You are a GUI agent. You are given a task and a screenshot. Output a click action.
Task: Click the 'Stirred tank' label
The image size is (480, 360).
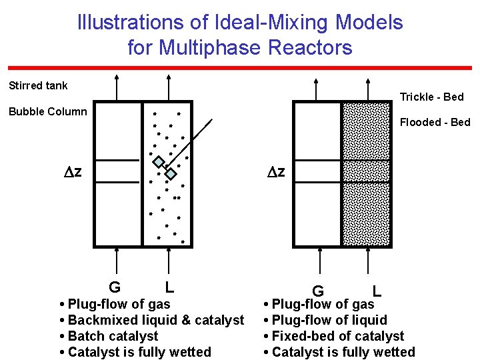[x=38, y=85]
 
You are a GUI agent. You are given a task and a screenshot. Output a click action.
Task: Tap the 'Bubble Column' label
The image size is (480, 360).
[x=47, y=111]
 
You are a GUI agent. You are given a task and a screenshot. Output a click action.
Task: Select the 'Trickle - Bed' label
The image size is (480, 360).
[x=431, y=97]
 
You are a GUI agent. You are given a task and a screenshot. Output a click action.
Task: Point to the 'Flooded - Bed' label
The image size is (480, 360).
[x=435, y=122]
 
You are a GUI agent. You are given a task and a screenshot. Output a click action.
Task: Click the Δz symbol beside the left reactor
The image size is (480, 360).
[x=73, y=172]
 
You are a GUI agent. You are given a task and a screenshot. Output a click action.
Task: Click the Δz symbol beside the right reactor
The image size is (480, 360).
[x=276, y=172]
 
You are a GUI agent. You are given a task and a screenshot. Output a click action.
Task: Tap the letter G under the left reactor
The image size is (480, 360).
[x=115, y=287]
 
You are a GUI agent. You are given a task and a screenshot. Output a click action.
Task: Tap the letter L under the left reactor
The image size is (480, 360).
[x=170, y=287]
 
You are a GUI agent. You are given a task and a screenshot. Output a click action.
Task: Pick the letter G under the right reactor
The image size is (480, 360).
[x=318, y=291]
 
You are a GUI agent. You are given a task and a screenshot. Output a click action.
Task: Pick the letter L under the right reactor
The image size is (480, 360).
[x=377, y=291]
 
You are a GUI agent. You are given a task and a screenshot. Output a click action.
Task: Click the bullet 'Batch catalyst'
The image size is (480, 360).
[x=113, y=336]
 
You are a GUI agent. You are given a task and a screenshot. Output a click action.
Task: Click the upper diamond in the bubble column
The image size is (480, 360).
[x=159, y=161]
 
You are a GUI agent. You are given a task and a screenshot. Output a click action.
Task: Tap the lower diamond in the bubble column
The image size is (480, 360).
[x=171, y=174]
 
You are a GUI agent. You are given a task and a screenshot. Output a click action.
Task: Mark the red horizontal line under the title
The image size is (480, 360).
[x=240, y=67]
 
